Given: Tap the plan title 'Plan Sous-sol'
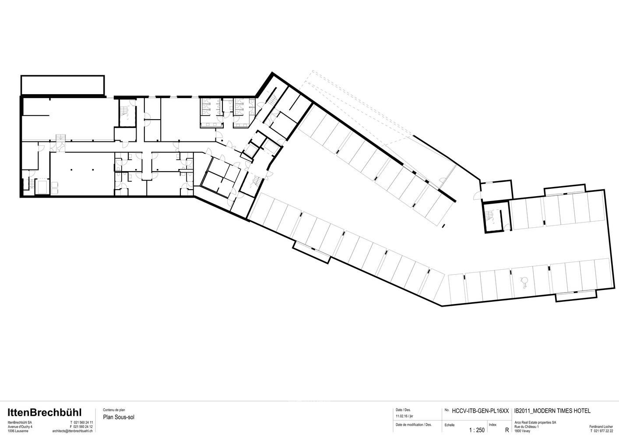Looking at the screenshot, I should click(x=119, y=417).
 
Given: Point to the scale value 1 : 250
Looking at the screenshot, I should click(x=476, y=430).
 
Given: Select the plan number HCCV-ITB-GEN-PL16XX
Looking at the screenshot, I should click(x=480, y=411).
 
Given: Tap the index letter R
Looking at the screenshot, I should click(x=507, y=430).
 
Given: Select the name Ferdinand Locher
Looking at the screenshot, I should click(x=601, y=426).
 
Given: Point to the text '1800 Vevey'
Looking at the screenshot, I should click(x=522, y=431).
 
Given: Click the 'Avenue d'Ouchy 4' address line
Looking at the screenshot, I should click(x=20, y=427).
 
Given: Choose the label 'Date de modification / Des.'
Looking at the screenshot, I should click(x=413, y=424).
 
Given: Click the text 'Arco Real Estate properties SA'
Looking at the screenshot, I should click(x=535, y=422).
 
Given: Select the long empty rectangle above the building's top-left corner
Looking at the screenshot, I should click(x=63, y=85).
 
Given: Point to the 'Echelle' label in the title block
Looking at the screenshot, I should click(x=449, y=425).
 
